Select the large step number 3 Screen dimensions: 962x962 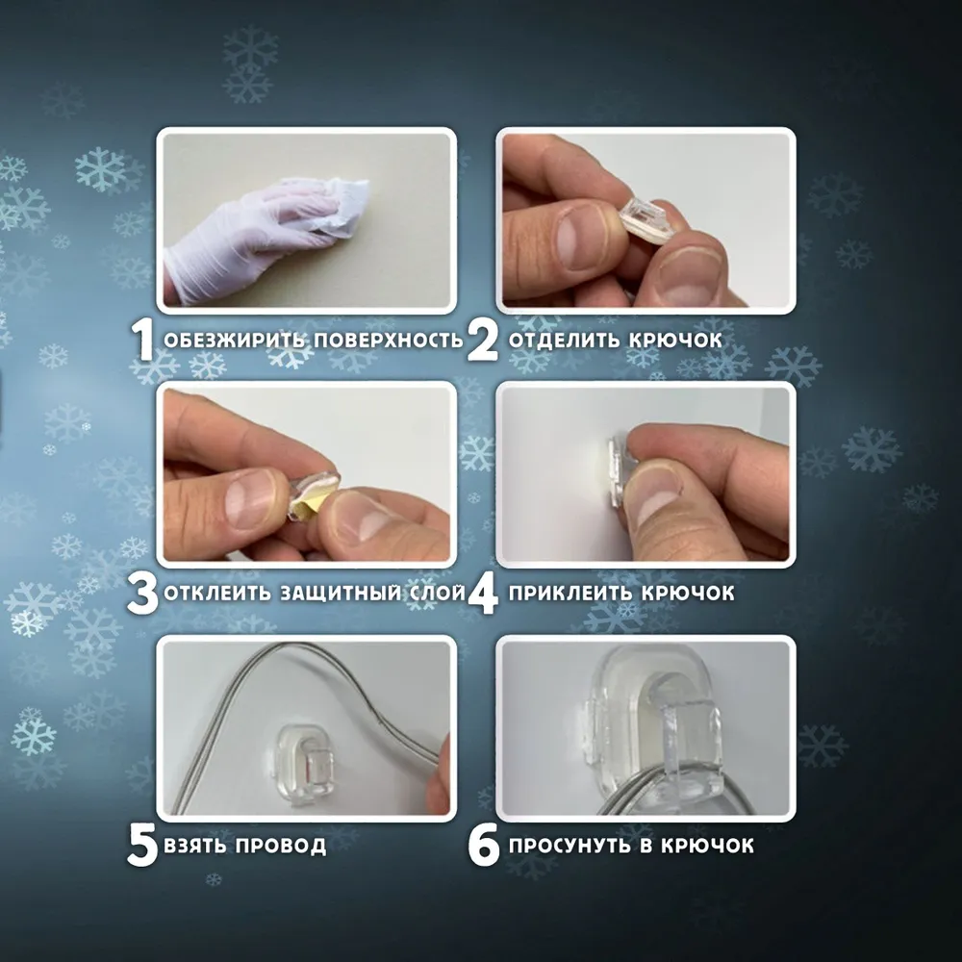click(142, 594)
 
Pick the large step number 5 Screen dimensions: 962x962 click(143, 846)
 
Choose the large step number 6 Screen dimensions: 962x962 click(484, 846)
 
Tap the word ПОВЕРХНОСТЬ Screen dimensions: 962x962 click(389, 340)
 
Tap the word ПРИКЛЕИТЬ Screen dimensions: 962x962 click(570, 594)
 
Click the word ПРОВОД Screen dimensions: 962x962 click(280, 846)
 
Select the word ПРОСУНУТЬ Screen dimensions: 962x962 click(570, 846)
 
